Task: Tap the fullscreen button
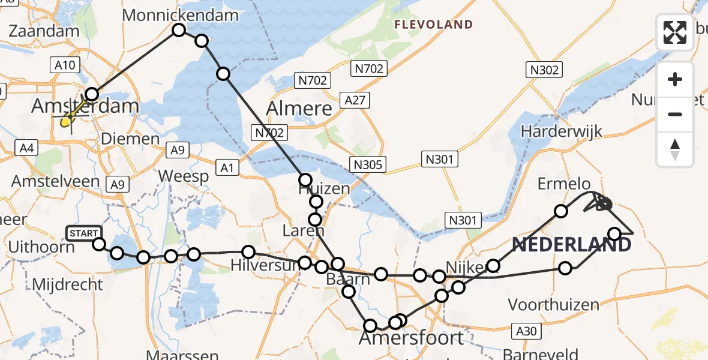pos(675,32)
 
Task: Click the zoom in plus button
pos(675,79)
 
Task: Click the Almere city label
pos(299,109)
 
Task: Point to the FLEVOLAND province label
pos(433,25)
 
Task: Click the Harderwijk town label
pos(561,131)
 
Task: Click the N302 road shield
pos(545,70)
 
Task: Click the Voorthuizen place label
pos(553,305)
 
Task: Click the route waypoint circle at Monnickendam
pos(179,30)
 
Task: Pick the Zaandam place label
pos(44,31)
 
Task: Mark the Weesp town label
pos(184,176)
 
